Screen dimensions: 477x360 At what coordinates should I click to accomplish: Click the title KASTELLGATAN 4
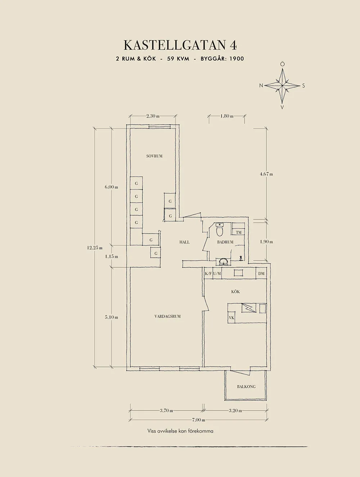[x=180, y=45]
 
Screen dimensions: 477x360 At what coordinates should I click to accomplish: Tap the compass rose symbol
[x=283, y=86]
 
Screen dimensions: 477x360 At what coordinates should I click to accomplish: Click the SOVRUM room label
[x=154, y=156]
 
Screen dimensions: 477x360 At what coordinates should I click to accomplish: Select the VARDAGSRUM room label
[x=167, y=317]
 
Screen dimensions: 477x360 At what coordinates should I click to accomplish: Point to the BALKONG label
[x=246, y=387]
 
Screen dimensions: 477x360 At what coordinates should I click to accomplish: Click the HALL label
[x=184, y=242]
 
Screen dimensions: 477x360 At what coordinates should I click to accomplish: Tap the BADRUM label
[x=225, y=242]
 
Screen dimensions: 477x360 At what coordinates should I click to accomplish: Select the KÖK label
[x=235, y=292]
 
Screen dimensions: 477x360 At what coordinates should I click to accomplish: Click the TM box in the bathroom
[x=238, y=232]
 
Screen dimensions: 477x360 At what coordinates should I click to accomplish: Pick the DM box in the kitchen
[x=261, y=274]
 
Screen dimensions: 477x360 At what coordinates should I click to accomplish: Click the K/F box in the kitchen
[x=208, y=274]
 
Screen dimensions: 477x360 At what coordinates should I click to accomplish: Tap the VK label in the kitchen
[x=231, y=318]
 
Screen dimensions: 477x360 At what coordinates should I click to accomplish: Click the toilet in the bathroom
[x=220, y=229]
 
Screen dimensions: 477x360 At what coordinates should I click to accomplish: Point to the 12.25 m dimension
[x=95, y=248]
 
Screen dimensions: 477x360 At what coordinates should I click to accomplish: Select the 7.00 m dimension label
[x=198, y=420]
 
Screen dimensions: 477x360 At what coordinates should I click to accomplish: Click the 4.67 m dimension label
[x=266, y=174]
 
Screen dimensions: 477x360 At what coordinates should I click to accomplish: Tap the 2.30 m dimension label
[x=153, y=116]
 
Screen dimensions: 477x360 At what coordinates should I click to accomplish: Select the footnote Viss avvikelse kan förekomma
[x=180, y=431]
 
